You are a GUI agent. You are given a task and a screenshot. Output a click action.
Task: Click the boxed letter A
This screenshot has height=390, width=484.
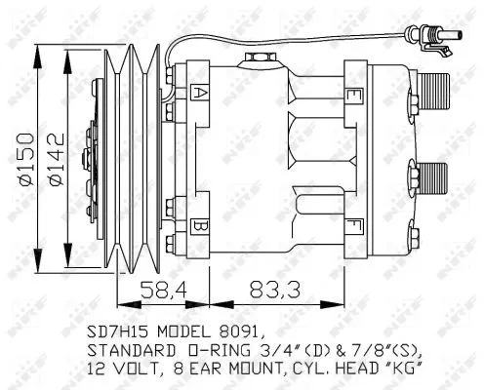click(199, 93)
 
